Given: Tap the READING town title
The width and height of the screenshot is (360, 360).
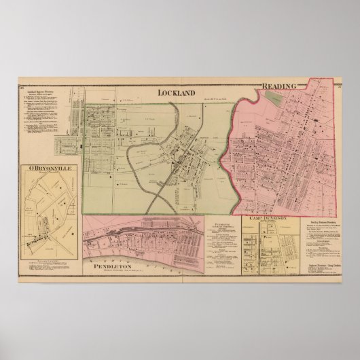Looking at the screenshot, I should [278, 86].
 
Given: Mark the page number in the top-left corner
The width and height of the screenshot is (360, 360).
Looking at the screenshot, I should [22, 87].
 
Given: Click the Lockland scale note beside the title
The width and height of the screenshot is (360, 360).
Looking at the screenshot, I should [211, 101].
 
